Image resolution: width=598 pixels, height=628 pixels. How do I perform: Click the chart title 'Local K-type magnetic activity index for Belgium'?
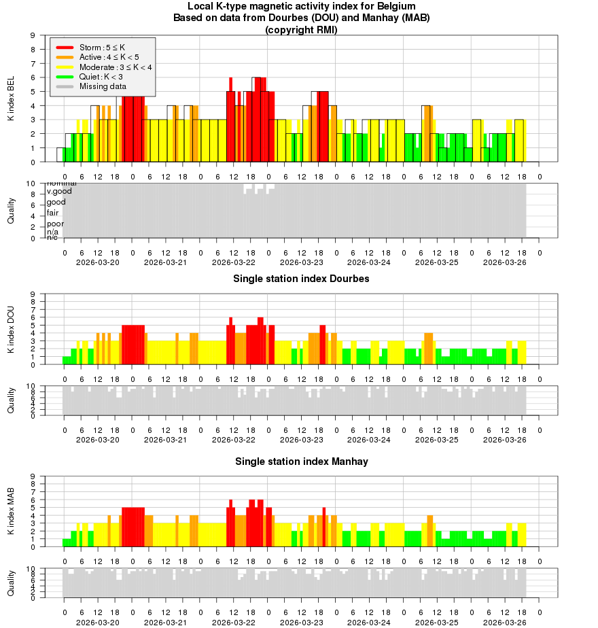pyautogui.click(x=301, y=6)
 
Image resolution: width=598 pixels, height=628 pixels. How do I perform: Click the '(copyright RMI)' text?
pyautogui.click(x=301, y=29)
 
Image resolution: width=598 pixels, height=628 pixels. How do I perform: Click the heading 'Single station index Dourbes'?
pyautogui.click(x=301, y=279)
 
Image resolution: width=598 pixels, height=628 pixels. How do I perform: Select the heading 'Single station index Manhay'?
pyautogui.click(x=301, y=461)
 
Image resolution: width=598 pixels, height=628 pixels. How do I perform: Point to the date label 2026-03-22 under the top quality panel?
pyautogui.click(x=234, y=262)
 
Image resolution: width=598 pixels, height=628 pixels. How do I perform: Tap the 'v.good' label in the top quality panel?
pyautogui.click(x=59, y=192)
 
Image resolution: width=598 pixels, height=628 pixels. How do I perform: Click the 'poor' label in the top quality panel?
pyautogui.click(x=55, y=224)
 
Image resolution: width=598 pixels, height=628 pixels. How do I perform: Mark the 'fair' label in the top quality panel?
pyautogui.click(x=53, y=213)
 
